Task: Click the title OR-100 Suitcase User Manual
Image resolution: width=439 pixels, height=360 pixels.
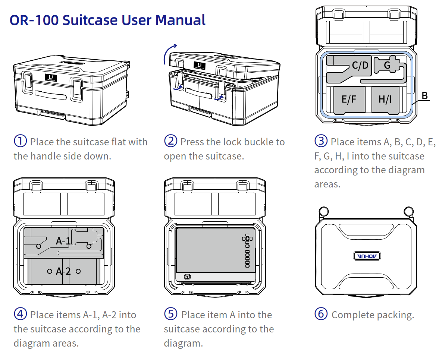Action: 107,20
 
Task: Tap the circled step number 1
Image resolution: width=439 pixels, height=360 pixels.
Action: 20,141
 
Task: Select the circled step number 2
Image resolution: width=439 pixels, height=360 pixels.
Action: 170,141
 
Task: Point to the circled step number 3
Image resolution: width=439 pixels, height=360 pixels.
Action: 321,141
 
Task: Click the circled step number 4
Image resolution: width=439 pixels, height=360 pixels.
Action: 20,314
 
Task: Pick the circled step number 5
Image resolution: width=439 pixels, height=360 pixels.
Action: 170,314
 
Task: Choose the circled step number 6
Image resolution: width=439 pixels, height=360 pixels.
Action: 321,314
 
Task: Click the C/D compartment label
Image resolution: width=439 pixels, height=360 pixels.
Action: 360,66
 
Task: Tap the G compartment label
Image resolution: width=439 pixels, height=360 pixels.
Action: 387,66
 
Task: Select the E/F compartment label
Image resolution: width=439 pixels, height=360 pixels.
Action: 349,99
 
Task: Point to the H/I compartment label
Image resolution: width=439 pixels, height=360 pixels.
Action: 385,99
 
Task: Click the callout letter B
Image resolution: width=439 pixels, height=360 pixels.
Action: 425,96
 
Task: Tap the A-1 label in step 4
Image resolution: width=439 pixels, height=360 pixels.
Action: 63,241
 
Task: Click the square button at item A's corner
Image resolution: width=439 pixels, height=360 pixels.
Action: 187,277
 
